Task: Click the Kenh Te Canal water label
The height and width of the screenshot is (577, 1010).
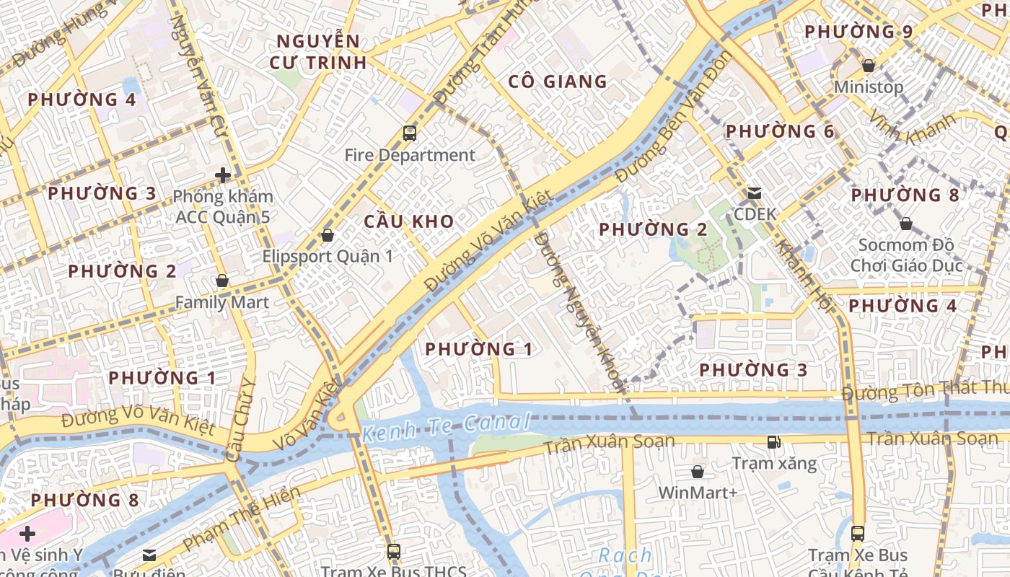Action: (x=446, y=427)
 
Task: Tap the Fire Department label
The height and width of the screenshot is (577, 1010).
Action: (x=410, y=155)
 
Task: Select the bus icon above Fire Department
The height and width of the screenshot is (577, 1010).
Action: (x=410, y=133)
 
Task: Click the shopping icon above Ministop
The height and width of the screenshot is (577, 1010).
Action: (x=869, y=66)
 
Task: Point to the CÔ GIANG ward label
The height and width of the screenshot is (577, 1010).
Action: (x=558, y=82)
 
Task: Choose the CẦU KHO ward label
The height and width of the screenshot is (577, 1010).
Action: (x=409, y=221)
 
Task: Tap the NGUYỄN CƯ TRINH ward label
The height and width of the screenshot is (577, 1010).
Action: (x=318, y=52)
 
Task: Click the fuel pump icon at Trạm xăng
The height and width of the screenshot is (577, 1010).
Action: (x=774, y=441)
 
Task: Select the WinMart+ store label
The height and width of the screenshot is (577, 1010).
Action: (x=698, y=493)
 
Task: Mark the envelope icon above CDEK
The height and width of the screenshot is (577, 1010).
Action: (x=755, y=193)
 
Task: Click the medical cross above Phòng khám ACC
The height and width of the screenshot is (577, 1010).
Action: (x=223, y=175)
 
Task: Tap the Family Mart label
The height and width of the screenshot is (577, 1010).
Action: (x=222, y=302)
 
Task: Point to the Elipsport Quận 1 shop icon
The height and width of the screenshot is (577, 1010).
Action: (x=328, y=235)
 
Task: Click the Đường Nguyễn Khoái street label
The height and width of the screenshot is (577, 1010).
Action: (x=579, y=310)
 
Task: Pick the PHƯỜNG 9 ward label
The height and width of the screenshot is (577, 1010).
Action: (x=858, y=32)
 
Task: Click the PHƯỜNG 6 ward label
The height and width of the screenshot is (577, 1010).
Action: (x=780, y=131)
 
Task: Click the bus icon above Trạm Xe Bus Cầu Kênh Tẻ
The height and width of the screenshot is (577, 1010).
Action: (x=858, y=534)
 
